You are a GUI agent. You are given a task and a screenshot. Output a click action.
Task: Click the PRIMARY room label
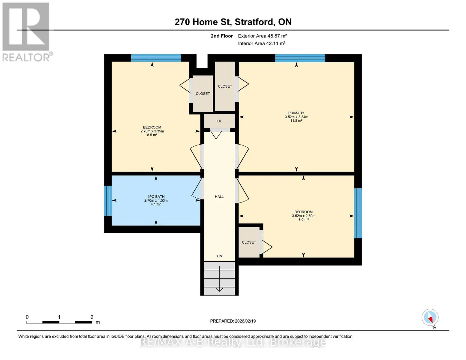tap(296, 113)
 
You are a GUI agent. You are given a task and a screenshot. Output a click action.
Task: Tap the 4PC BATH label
tap(156, 196)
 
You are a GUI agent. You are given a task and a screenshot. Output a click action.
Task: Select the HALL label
tap(219, 196)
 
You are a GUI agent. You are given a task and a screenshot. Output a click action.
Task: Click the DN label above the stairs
tap(219, 256)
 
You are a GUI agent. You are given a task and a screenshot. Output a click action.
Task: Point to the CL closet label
tap(219, 121)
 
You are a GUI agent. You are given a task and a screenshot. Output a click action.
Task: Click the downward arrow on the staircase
tap(219, 279)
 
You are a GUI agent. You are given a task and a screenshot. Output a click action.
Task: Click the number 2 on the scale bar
tap(92, 317)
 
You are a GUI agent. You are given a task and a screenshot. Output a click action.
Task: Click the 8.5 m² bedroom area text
tap(152, 135)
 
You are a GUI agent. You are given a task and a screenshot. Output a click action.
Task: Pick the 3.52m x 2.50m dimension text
tap(303, 216)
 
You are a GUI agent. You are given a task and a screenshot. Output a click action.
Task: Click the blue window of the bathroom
tap(108, 201)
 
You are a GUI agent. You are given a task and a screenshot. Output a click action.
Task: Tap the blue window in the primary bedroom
tap(300, 58)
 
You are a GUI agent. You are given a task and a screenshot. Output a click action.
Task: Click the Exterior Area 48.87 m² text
tap(262, 36)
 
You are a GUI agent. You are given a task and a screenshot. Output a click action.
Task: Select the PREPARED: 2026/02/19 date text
tap(233, 321)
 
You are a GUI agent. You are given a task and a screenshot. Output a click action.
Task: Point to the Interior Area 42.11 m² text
tap(262, 43)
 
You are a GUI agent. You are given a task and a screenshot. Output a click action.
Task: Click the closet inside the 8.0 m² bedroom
tap(249, 242)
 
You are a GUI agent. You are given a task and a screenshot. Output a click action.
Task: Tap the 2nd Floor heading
tap(221, 36)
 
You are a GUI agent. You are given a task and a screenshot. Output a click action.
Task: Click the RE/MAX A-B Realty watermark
tap(233, 342)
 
